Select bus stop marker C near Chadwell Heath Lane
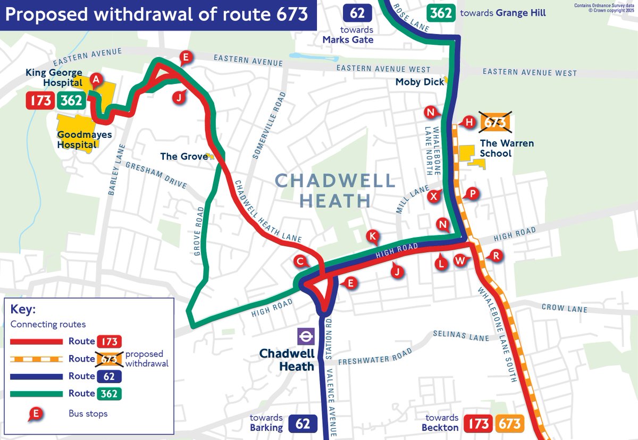[x=300, y=261]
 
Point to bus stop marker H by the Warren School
[x=468, y=122]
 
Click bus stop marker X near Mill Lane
[x=434, y=196]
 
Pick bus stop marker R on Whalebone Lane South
[x=496, y=256]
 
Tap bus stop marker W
[x=460, y=260]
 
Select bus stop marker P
[x=471, y=193]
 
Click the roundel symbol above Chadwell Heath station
[x=306, y=336]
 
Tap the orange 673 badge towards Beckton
[x=510, y=424]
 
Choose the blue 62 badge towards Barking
[x=303, y=424]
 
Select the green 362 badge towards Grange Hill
[x=441, y=13]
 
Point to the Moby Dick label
[x=419, y=82]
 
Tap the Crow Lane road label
[x=564, y=309]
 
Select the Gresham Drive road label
[x=156, y=175]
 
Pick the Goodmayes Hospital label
[x=77, y=140]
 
